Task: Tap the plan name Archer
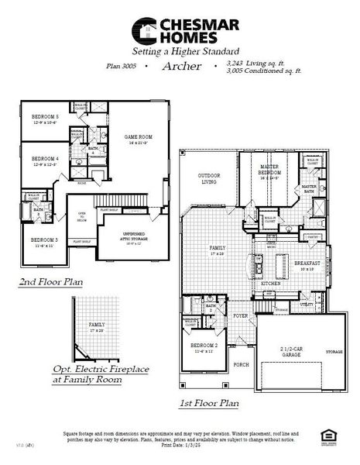coord(182,67)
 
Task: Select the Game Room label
coord(136,139)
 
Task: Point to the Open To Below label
coord(82,217)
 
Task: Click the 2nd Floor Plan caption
coord(52,283)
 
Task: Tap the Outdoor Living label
coord(209,177)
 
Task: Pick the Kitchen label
coord(270,284)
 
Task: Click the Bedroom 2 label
coord(204,346)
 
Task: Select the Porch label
coord(241,363)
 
